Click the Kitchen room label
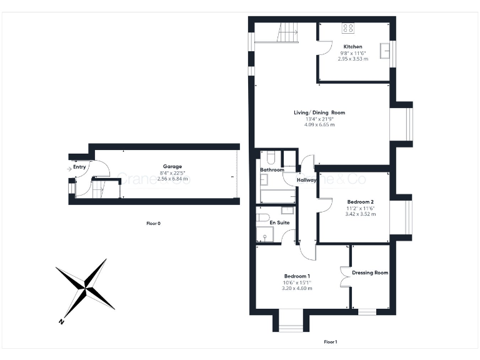tap(352, 47)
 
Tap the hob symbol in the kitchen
tap(348, 28)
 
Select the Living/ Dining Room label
tap(319, 112)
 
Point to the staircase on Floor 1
tap(288, 32)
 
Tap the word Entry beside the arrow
tap(80, 167)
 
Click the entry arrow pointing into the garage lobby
tap(67, 167)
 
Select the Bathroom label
tap(272, 170)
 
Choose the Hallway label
tap(307, 180)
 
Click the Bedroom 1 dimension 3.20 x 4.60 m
tap(297, 288)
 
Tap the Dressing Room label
tap(370, 272)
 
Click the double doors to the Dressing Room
tap(344, 276)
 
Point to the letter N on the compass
tap(61, 322)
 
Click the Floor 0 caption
tap(153, 223)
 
